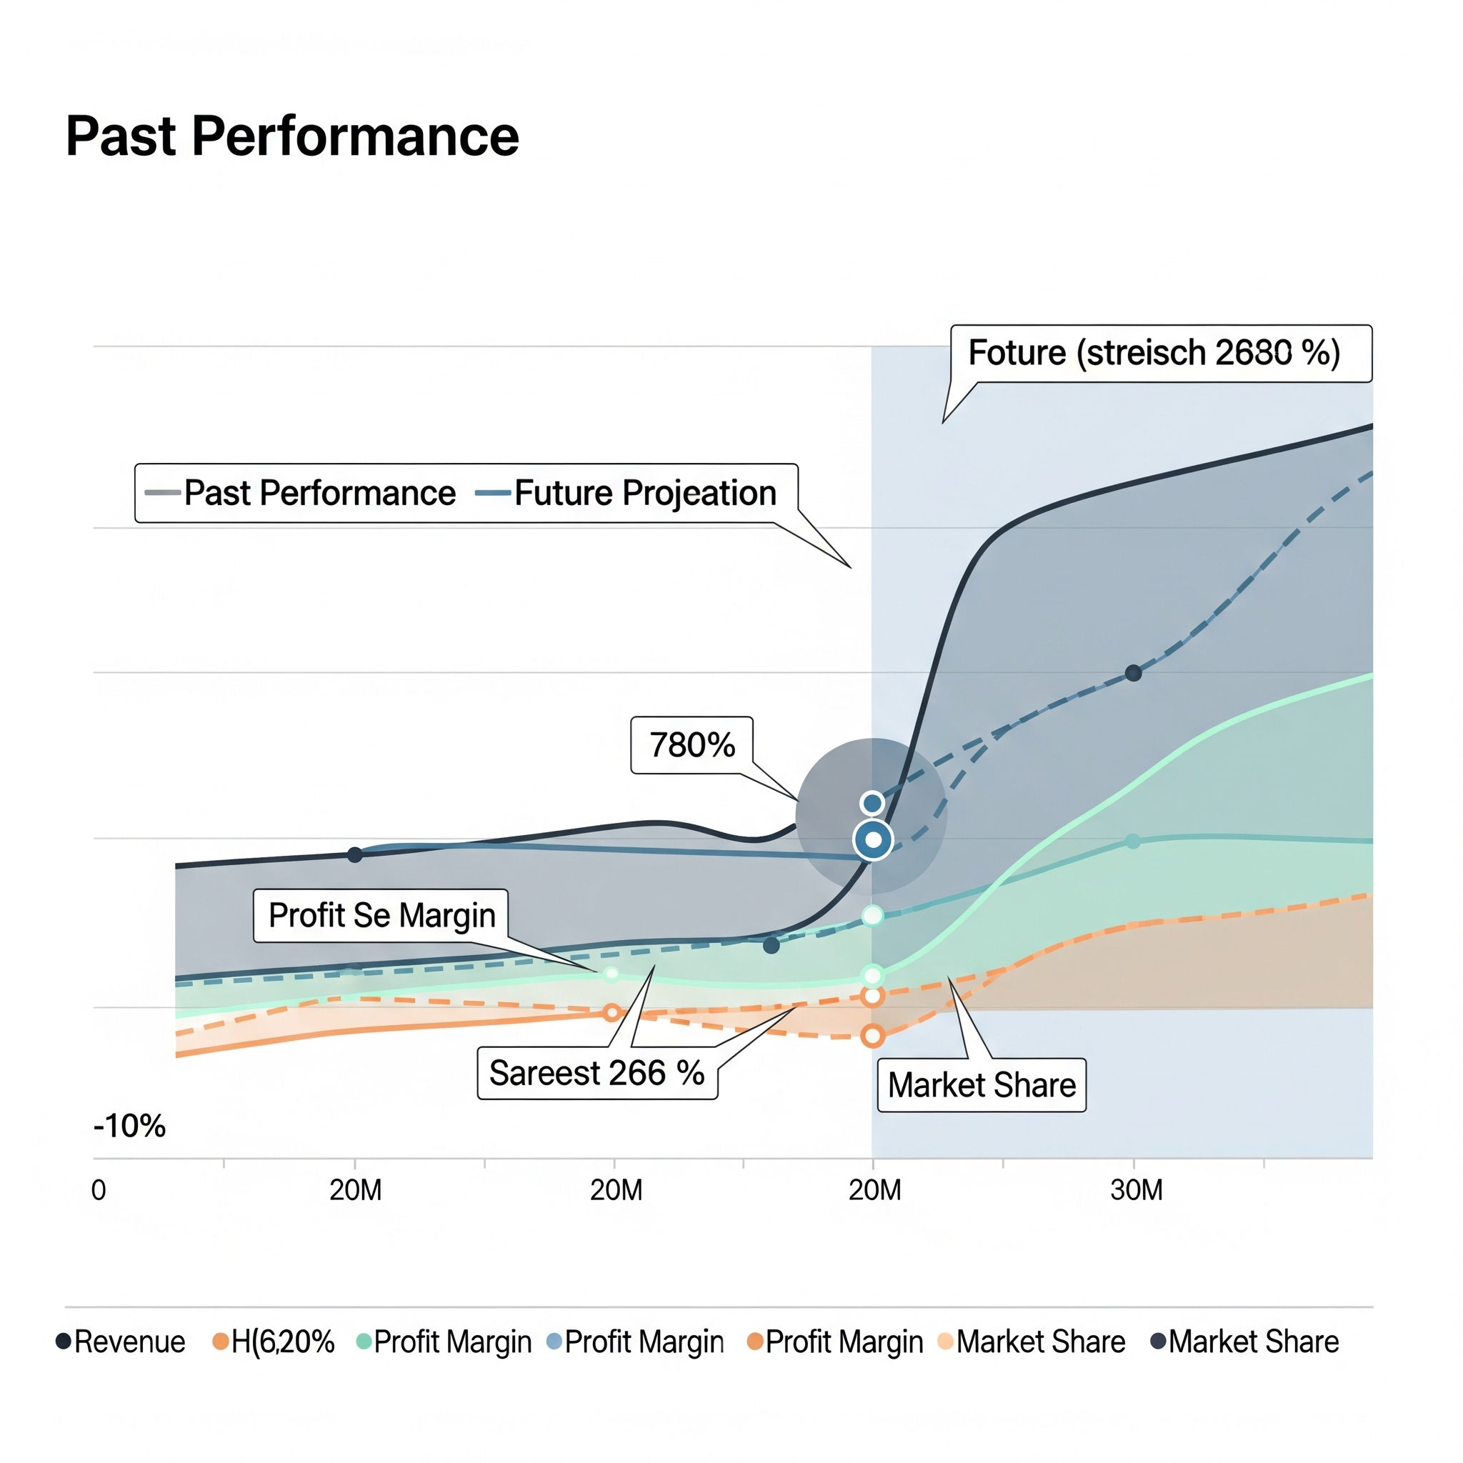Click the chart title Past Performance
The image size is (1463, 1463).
(292, 137)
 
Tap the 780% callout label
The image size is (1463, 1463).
(691, 745)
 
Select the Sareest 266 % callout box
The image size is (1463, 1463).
(596, 1073)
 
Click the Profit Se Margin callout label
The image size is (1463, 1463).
(381, 916)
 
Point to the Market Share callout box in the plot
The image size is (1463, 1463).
(982, 1085)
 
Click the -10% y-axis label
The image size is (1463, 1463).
(129, 1126)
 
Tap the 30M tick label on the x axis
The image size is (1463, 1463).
(1136, 1190)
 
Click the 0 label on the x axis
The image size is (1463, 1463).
(99, 1190)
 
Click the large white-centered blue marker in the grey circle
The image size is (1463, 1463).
(873, 840)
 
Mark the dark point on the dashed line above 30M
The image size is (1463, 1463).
(1134, 673)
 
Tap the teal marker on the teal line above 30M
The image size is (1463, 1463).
(1133, 842)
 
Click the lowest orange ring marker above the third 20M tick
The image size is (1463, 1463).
(873, 1036)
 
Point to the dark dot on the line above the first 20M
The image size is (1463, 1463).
(354, 855)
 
